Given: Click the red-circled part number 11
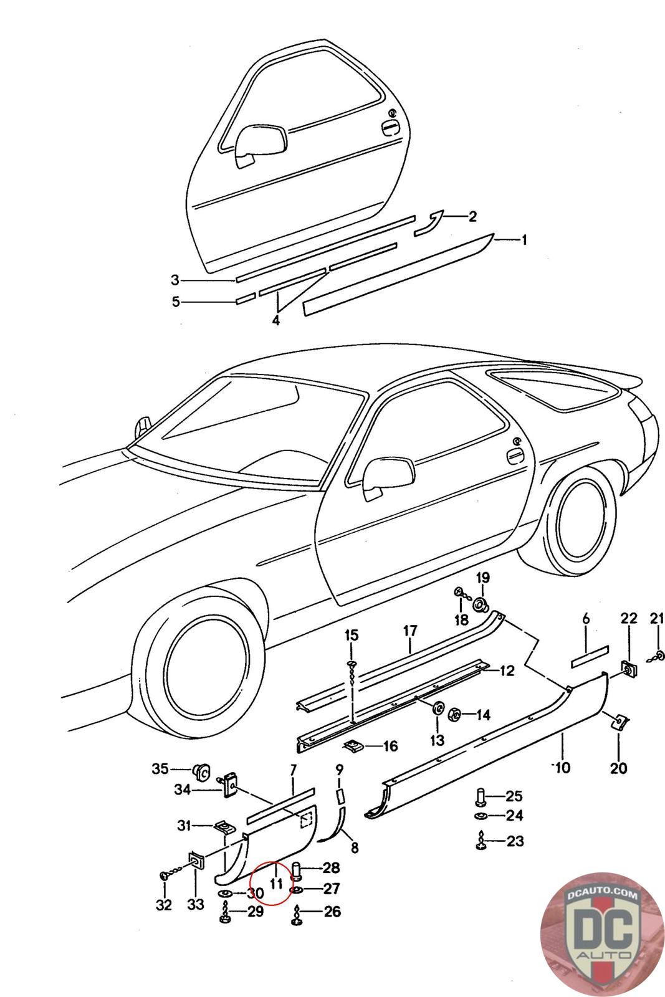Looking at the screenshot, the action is tap(276, 883).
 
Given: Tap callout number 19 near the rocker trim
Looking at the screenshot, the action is tap(483, 578).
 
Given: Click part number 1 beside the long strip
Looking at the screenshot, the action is tap(524, 241).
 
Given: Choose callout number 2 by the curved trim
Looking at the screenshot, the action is tap(472, 216).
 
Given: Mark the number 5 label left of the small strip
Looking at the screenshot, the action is tap(176, 302).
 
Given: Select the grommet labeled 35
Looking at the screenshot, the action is tap(202, 770).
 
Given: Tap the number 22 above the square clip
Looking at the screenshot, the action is tap(629, 618).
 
